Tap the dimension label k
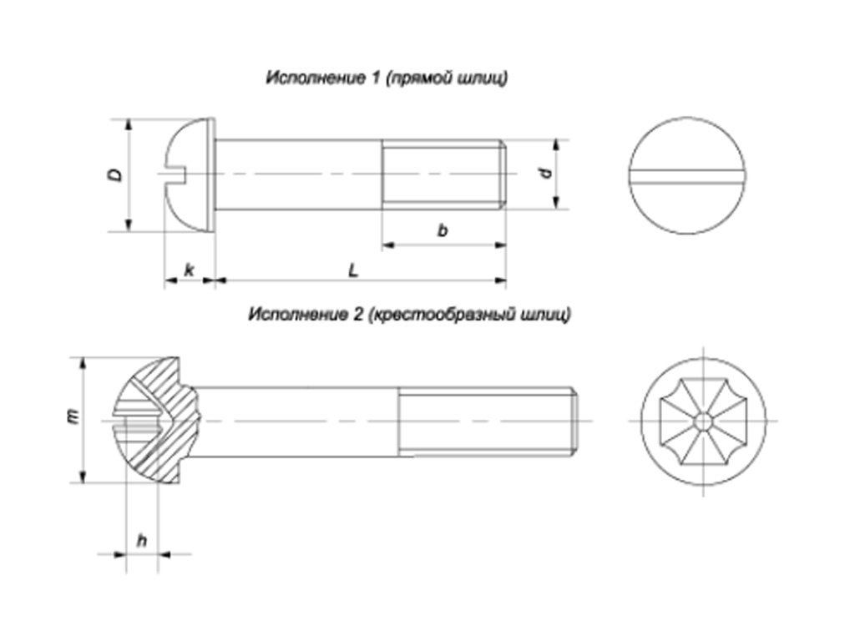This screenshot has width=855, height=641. click(x=190, y=270)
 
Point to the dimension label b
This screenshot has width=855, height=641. click(x=443, y=230)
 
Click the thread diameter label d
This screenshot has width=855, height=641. click(x=545, y=173)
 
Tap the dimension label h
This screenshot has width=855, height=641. click(x=142, y=540)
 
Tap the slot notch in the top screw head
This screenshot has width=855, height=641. click(x=177, y=174)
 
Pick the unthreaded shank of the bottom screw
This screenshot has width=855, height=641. click(x=301, y=421)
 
